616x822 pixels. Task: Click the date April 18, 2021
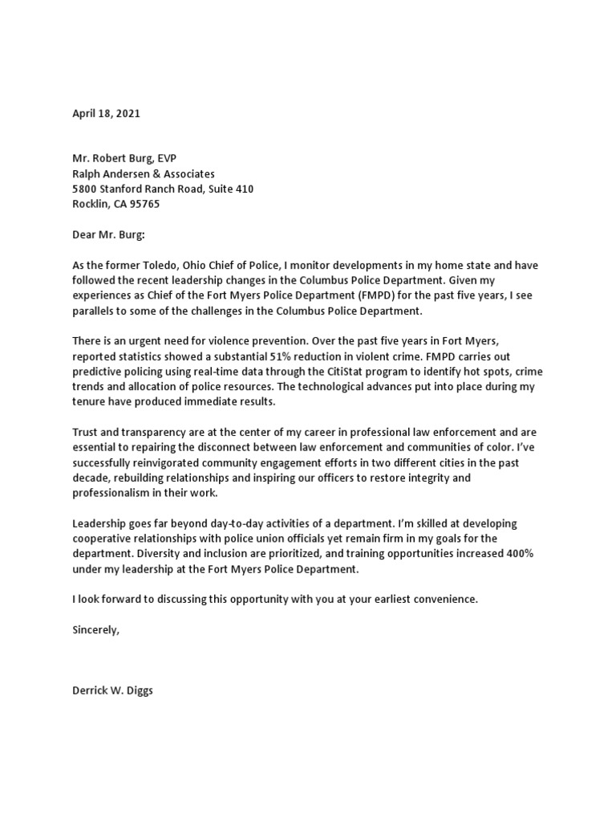(106, 114)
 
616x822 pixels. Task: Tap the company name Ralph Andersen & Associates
(144, 173)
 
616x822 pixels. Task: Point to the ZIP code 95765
(145, 204)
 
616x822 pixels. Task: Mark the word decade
(91, 478)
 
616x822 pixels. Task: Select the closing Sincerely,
(95, 629)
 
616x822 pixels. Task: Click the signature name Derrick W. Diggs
(112, 690)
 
